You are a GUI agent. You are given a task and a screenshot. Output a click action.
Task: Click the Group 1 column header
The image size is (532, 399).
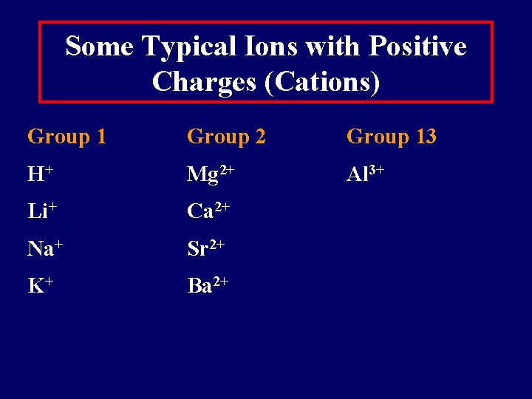tap(66, 137)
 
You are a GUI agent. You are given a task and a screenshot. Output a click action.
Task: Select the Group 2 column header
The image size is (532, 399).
tap(226, 137)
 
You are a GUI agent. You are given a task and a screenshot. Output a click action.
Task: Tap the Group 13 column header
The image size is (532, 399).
tap(391, 137)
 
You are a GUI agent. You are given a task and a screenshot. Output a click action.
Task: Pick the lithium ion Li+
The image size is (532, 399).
tap(43, 211)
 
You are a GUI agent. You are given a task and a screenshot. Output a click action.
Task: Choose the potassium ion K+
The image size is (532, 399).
tap(40, 286)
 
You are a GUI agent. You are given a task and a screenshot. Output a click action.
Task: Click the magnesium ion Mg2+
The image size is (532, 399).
tap(211, 175)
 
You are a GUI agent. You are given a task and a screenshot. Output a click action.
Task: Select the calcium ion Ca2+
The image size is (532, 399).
tap(208, 211)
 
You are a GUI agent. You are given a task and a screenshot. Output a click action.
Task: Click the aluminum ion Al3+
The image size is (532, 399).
tap(365, 175)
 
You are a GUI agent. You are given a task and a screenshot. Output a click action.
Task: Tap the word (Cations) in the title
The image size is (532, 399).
tap(321, 81)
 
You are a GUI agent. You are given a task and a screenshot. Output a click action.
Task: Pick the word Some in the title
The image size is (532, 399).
tap(99, 47)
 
